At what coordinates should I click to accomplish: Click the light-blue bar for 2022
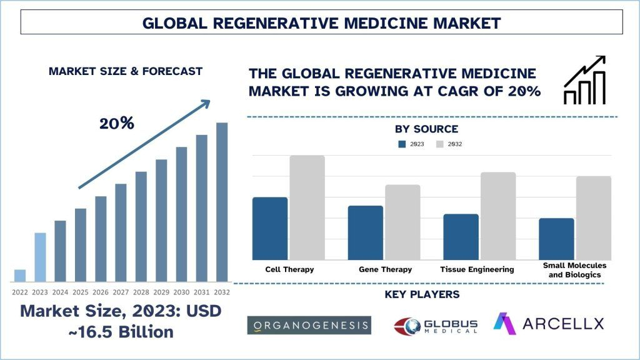20,275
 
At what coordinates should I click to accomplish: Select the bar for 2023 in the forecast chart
40,257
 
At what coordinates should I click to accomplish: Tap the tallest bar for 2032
222,202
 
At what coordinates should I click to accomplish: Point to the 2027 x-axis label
121,292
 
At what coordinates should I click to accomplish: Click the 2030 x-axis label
181,292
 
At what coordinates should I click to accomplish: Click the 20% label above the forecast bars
117,123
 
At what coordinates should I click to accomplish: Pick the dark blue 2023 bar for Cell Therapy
270,228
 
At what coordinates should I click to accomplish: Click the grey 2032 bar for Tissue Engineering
498,216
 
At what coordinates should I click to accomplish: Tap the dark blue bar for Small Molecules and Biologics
556,239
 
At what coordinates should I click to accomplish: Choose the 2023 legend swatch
402,144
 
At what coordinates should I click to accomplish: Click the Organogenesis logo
309,325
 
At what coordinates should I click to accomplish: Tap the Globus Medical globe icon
406,326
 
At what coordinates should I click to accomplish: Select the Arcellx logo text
563,323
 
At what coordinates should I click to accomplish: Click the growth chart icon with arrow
585,79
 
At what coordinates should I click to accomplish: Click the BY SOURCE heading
426,129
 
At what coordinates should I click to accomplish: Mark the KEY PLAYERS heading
422,294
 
